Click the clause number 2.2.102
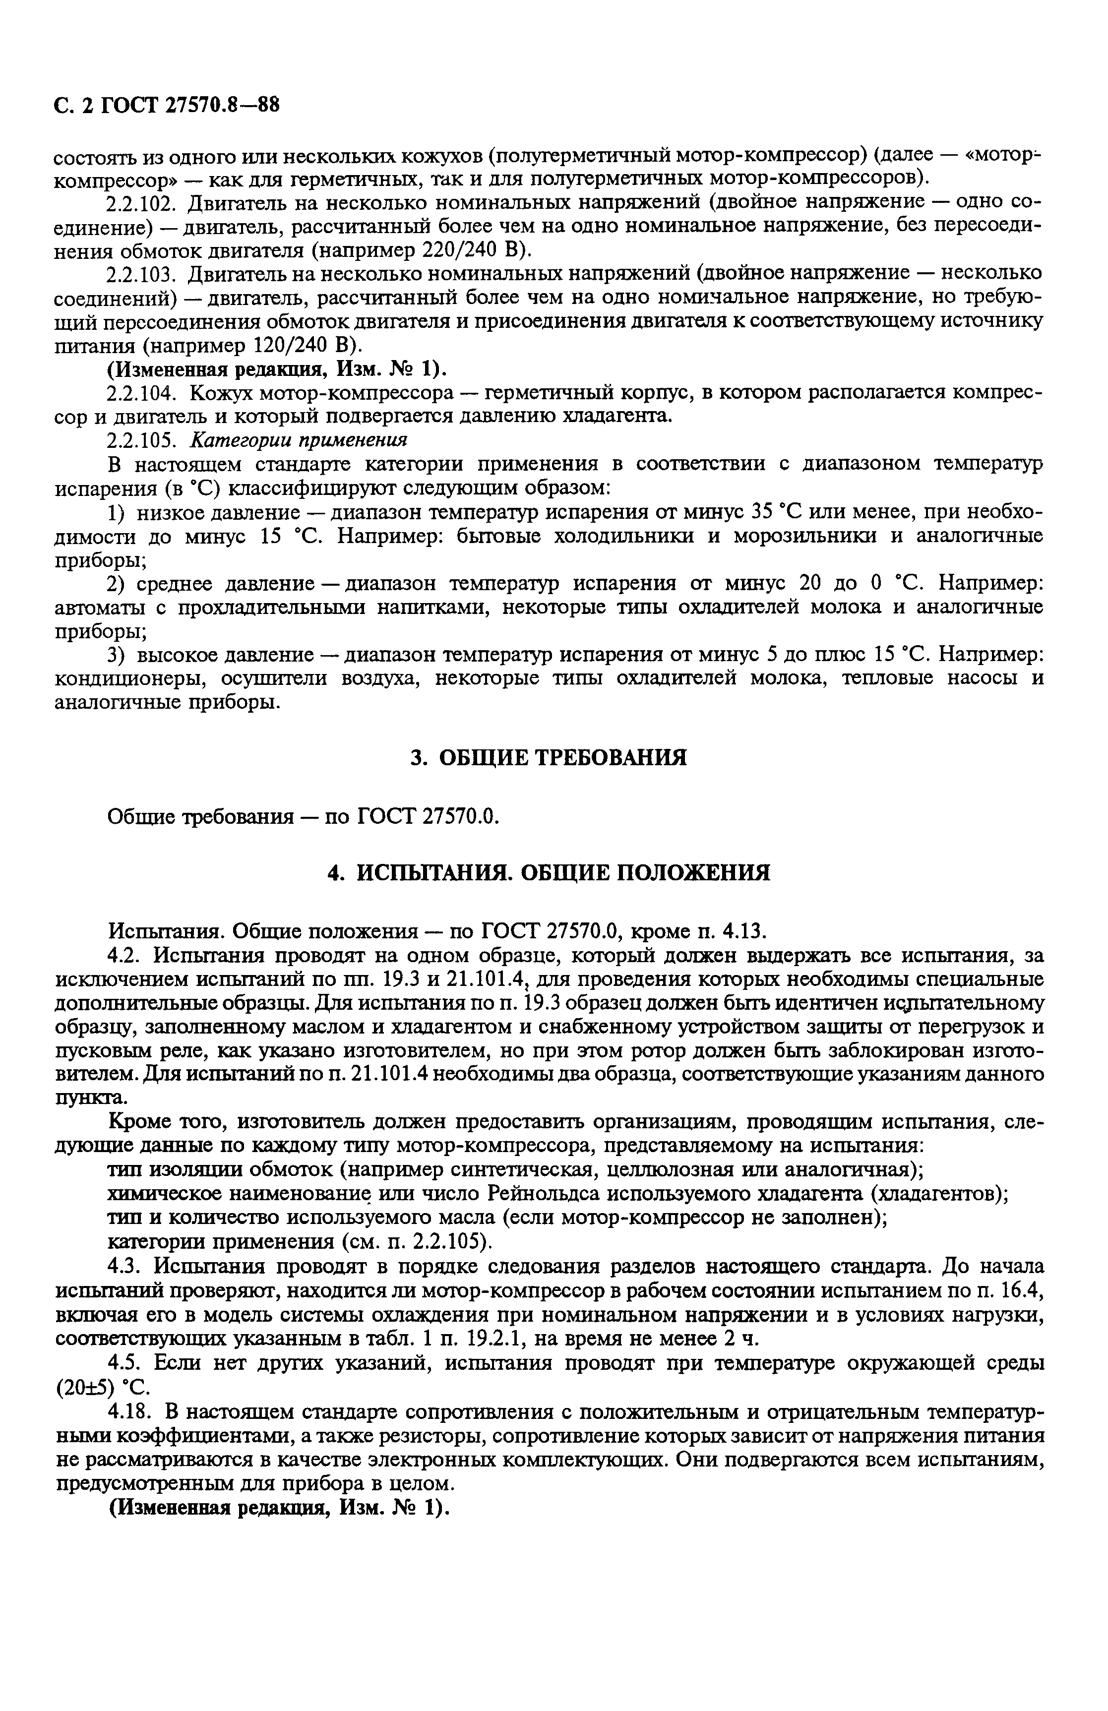point(141,203)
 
